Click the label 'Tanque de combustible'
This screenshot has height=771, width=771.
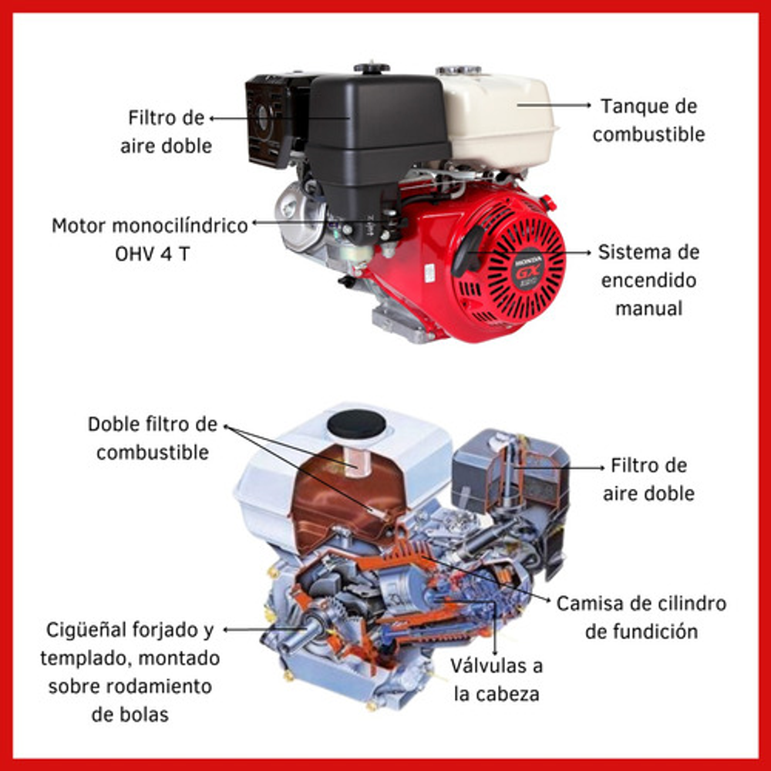(x=648, y=120)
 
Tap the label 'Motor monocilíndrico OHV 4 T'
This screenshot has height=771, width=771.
(x=150, y=240)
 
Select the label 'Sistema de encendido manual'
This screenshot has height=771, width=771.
(x=648, y=280)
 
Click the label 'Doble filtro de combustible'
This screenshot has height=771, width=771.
(x=153, y=438)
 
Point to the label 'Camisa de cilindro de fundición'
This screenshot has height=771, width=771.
(x=641, y=617)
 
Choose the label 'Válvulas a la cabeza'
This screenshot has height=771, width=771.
(x=497, y=679)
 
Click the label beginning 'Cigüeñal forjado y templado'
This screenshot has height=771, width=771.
(x=130, y=672)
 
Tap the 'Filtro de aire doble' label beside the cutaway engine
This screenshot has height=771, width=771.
(x=648, y=479)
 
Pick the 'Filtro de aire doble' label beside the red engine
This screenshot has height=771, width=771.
(x=167, y=131)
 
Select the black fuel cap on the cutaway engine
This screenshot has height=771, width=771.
(x=357, y=424)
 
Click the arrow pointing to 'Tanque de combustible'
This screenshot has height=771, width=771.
(x=554, y=104)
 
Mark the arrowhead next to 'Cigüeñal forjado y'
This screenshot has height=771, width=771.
(x=226, y=629)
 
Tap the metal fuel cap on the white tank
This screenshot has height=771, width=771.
(x=458, y=70)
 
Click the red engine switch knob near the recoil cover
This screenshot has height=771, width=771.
(x=547, y=201)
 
